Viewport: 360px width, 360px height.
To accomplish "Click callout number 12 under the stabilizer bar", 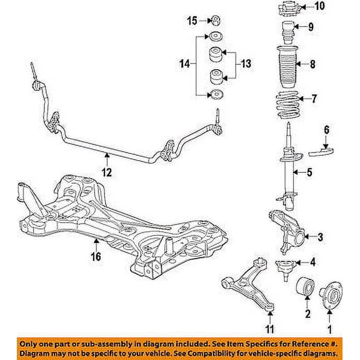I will click(x=107, y=172).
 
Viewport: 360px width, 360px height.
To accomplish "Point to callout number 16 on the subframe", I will click(x=96, y=256).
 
